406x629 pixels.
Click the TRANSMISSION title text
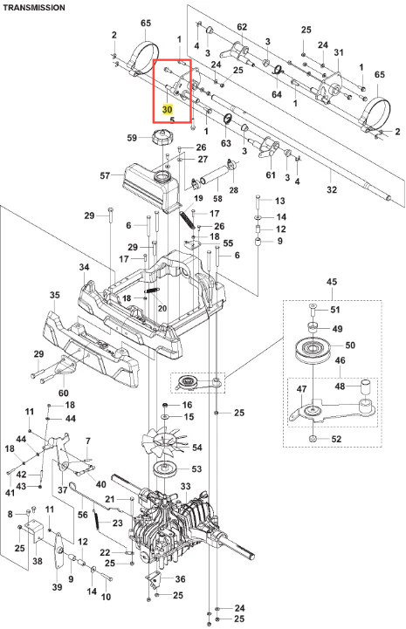click(34, 7)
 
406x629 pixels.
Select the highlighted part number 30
click(167, 110)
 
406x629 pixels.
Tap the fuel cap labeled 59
click(162, 138)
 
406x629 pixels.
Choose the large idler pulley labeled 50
click(316, 351)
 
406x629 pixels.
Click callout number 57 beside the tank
click(105, 175)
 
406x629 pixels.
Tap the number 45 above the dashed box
click(332, 282)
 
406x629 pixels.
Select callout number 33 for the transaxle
click(185, 486)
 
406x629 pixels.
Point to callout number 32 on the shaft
click(332, 189)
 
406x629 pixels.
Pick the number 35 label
click(55, 295)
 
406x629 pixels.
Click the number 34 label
click(84, 267)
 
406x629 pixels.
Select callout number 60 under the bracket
click(64, 393)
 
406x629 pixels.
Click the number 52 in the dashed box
click(336, 439)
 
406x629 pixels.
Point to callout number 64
click(277, 94)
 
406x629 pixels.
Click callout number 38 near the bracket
click(38, 561)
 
